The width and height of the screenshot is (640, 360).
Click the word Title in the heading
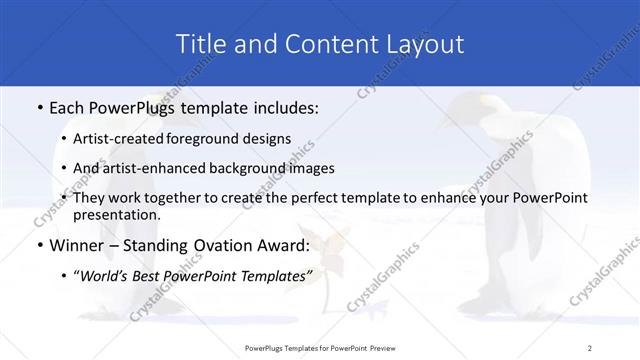click(x=199, y=44)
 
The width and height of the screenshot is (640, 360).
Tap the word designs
click(x=269, y=138)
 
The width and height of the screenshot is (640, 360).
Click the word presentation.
click(x=116, y=214)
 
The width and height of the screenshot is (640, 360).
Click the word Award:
click(x=287, y=244)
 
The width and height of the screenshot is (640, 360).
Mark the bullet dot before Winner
click(x=38, y=244)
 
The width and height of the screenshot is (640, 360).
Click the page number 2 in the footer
click(x=590, y=347)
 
